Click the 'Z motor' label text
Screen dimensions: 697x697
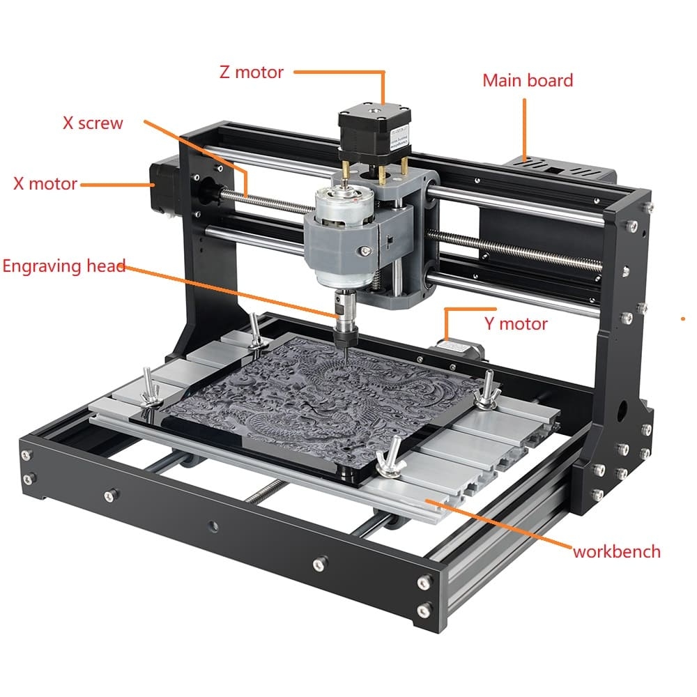(251, 72)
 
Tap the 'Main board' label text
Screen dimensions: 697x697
(528, 80)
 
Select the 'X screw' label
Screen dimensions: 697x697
(93, 123)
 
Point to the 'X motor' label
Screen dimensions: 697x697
(45, 183)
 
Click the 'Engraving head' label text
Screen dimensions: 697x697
(64, 266)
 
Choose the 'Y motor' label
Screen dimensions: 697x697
(516, 323)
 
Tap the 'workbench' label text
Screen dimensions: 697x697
(617, 551)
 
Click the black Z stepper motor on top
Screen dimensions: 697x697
(374, 130)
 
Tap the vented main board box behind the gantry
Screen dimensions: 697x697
(561, 169)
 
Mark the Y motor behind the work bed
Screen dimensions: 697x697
(459, 348)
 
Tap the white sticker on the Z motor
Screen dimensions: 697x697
(399, 139)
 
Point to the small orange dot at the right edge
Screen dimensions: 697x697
(683, 319)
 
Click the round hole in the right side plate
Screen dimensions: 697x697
(622, 408)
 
